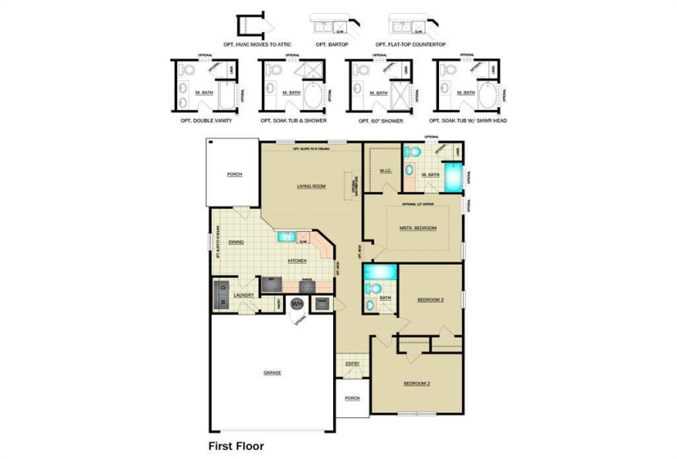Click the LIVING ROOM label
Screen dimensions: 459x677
click(311, 186)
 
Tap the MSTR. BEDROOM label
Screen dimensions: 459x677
click(419, 228)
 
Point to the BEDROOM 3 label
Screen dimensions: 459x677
click(430, 299)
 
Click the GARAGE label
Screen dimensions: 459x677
click(272, 372)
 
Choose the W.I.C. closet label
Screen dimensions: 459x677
click(386, 171)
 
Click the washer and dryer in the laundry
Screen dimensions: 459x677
click(222, 295)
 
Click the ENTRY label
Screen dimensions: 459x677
click(353, 363)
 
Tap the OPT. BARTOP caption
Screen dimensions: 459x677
click(332, 44)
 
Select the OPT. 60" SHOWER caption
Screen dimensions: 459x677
click(381, 120)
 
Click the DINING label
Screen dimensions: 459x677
click(236, 242)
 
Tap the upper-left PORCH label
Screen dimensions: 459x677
click(236, 175)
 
